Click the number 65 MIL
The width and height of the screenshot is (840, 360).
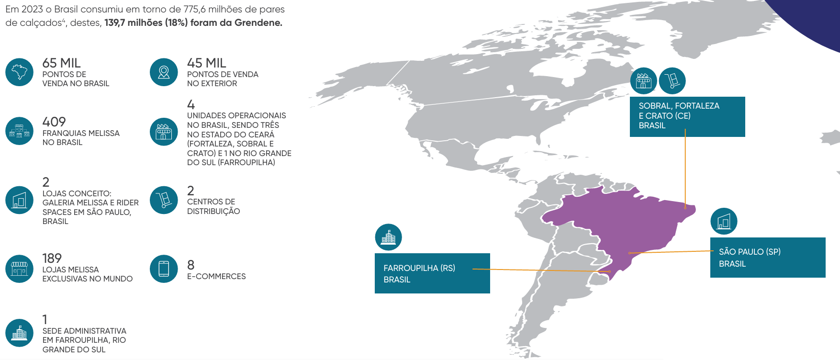click(x=61, y=63)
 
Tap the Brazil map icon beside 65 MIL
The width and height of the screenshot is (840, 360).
click(x=19, y=72)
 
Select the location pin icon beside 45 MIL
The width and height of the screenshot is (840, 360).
click(x=164, y=72)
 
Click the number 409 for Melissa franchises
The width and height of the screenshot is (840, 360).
click(x=54, y=122)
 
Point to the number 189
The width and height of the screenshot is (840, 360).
click(x=52, y=259)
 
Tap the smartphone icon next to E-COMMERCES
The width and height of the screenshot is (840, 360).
click(x=164, y=269)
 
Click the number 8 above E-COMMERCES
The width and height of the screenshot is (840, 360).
click(x=190, y=265)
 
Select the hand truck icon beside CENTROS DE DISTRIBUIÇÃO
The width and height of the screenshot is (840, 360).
click(x=164, y=200)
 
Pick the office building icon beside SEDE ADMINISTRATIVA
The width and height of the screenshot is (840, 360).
click(x=19, y=333)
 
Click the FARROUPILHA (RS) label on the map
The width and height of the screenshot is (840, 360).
click(x=419, y=268)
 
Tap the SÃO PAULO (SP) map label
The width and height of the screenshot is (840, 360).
click(x=750, y=252)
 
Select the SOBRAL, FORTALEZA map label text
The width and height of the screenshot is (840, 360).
click(x=679, y=106)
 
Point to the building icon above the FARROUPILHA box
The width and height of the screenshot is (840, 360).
click(x=388, y=237)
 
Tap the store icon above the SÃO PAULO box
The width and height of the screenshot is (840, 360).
click(x=724, y=221)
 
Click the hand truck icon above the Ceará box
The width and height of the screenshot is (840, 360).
click(x=672, y=81)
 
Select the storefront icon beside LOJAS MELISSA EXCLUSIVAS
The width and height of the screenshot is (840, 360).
click(x=19, y=269)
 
